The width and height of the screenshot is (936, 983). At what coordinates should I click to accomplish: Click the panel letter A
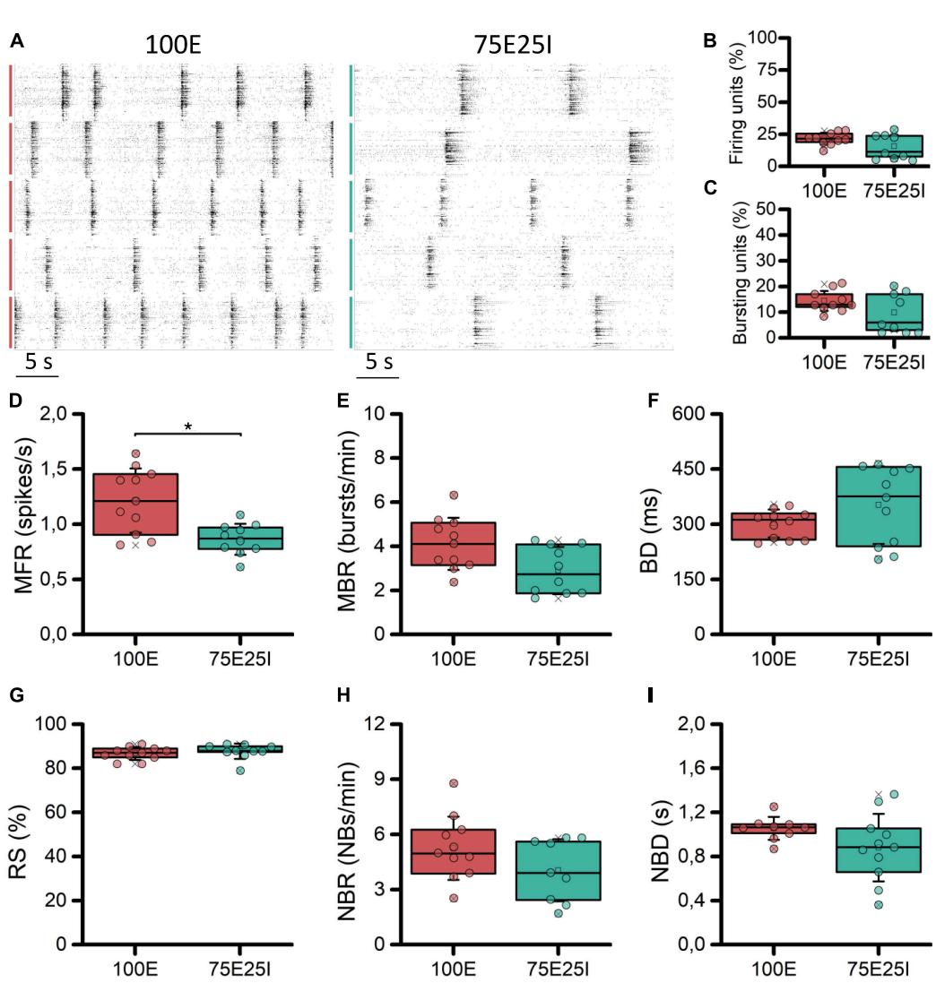[x=16, y=41]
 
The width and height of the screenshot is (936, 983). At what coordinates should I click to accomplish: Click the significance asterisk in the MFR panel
[x=187, y=427]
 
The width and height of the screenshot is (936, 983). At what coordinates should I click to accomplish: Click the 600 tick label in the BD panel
[x=712, y=414]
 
